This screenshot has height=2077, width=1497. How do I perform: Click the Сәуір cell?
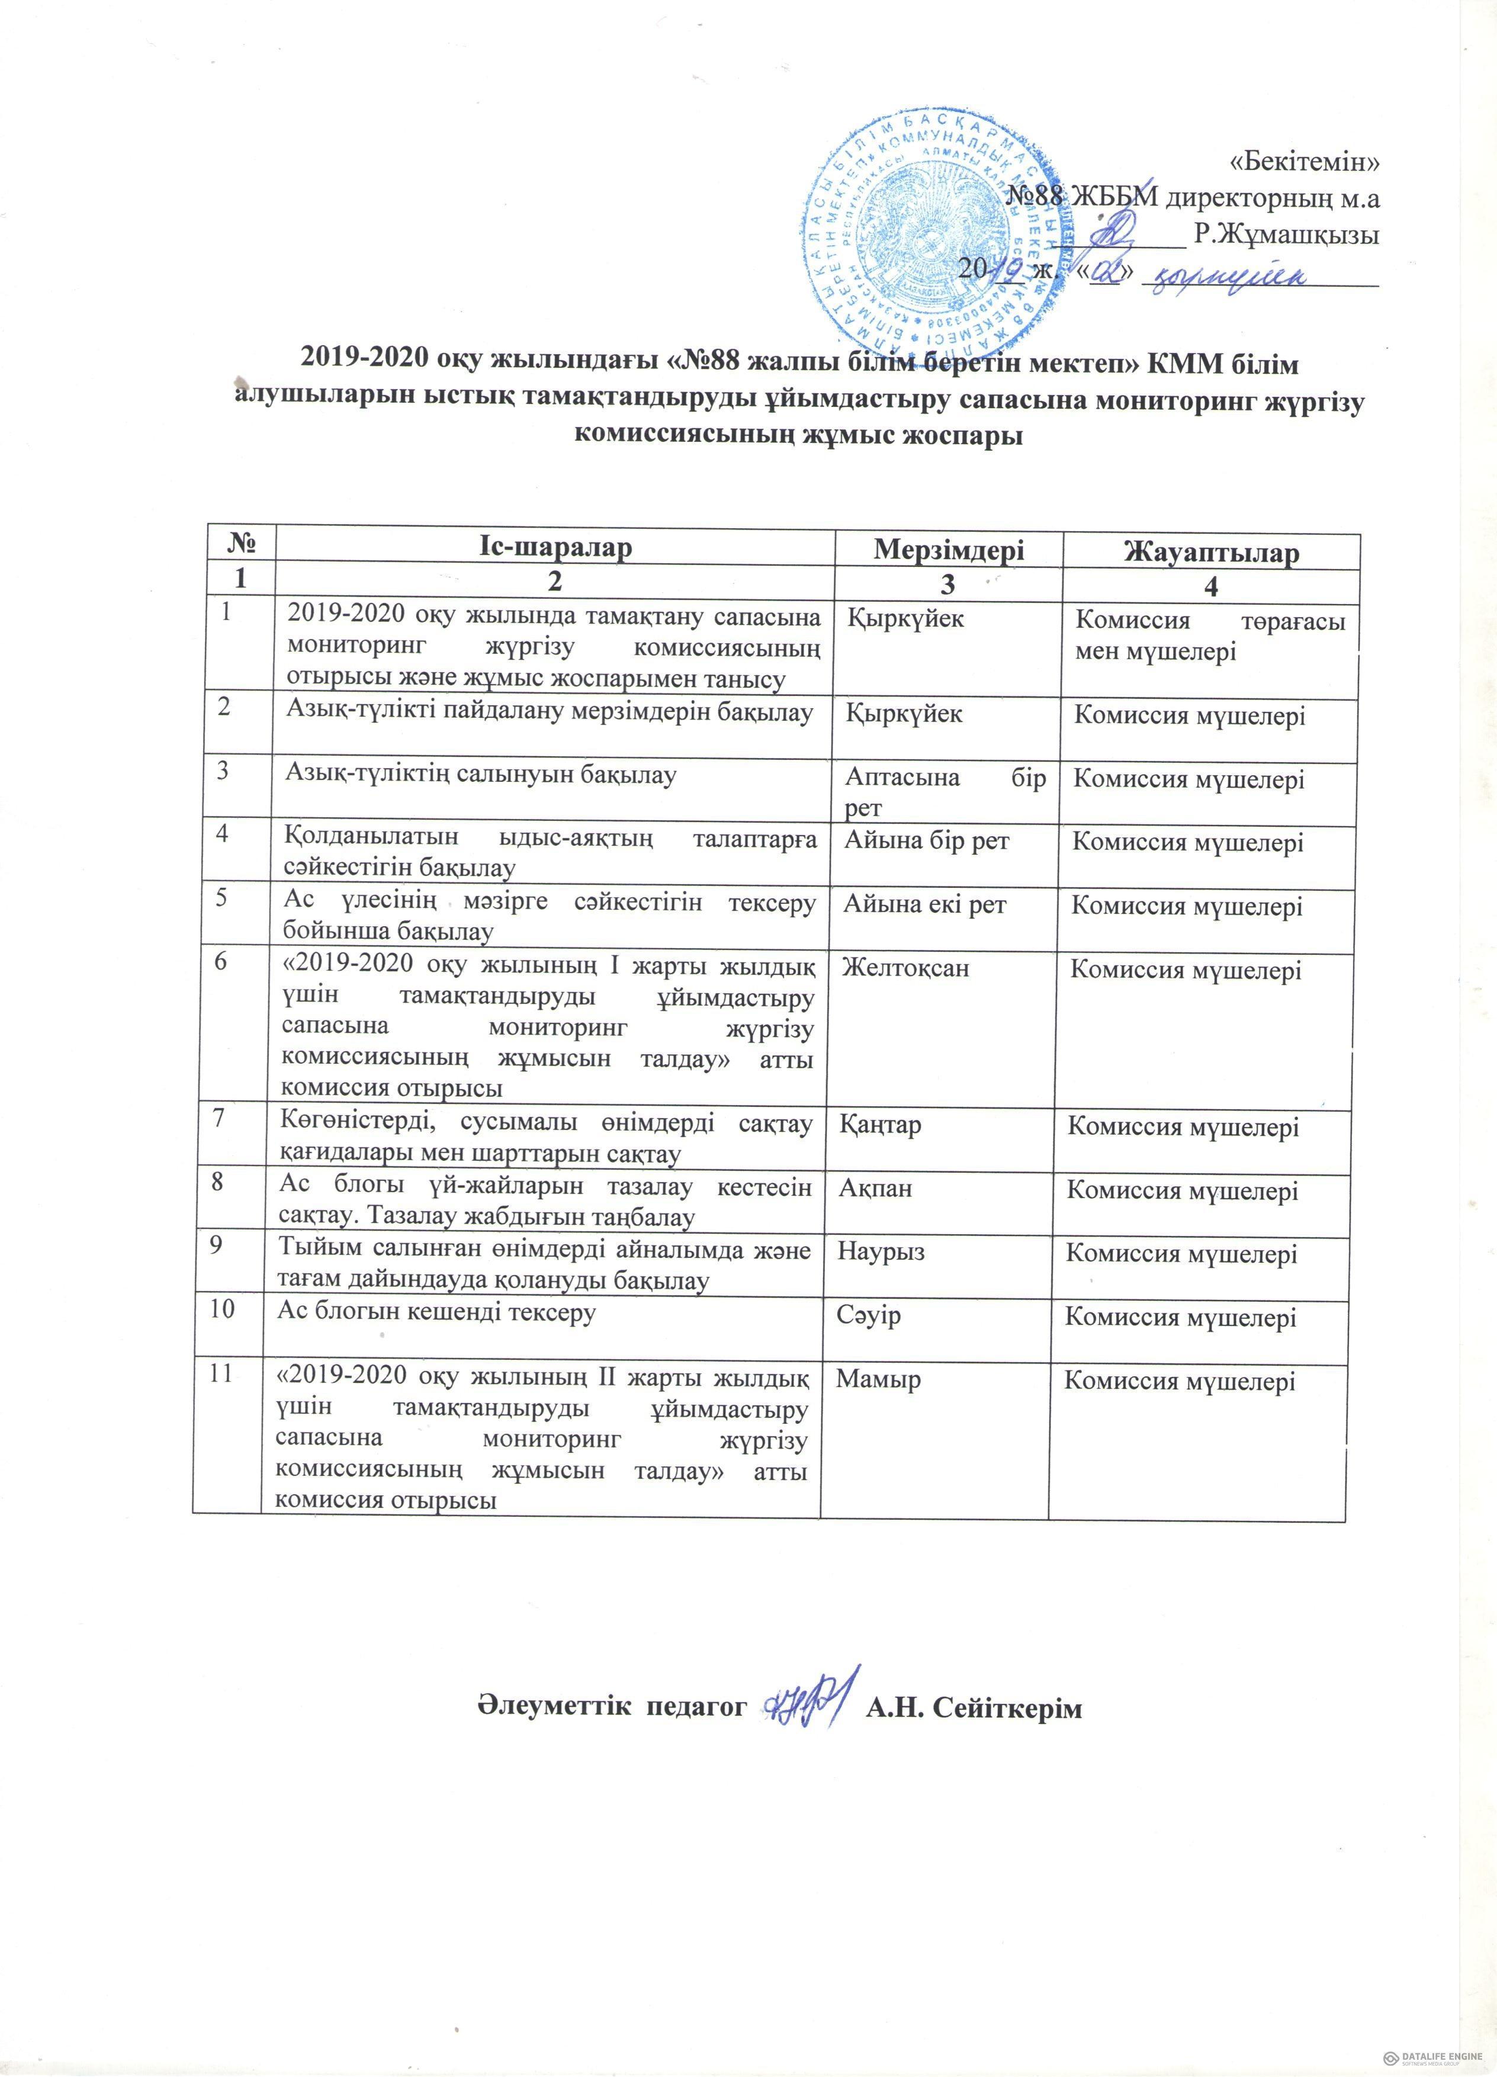(869, 1315)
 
